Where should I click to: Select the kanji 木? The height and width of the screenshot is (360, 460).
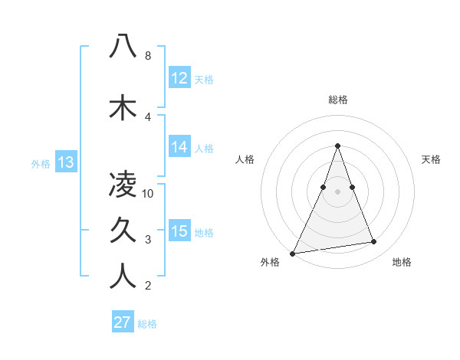pos(123,107)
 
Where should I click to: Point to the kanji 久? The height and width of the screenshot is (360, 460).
pos(123,230)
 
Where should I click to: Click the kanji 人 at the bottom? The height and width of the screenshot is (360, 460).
pos(123,276)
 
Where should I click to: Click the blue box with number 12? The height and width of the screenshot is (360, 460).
pos(179,78)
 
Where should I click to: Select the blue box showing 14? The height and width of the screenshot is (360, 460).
pos(179,147)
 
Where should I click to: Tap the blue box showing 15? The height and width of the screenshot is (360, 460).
pos(179,231)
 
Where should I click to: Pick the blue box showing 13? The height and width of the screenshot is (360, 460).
pos(65,162)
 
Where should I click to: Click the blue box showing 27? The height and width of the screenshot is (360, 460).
pos(122,322)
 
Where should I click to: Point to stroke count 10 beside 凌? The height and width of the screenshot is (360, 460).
pos(148,194)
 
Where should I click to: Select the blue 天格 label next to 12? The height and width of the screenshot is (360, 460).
pos(204,80)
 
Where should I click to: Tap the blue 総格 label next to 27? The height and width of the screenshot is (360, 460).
pos(147,324)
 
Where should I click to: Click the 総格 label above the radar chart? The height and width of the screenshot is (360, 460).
pos(337,100)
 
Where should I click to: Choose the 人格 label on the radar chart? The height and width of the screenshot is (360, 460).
pos(245,159)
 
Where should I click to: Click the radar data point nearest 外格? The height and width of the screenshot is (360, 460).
pos(292,253)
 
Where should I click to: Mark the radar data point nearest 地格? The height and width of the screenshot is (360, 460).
pos(374,242)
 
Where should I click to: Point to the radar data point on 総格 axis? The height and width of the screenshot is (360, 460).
pos(337,146)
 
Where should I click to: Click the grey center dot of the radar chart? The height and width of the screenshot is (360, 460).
pos(337,191)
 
